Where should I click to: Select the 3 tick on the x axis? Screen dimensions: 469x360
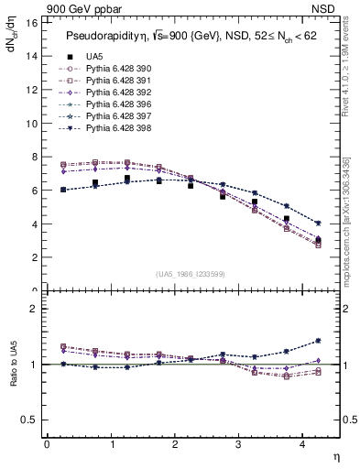[x=238, y=444]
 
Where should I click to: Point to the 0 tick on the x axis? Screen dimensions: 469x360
[x=47, y=444]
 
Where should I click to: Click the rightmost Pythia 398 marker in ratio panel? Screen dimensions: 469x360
[x=318, y=341]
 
